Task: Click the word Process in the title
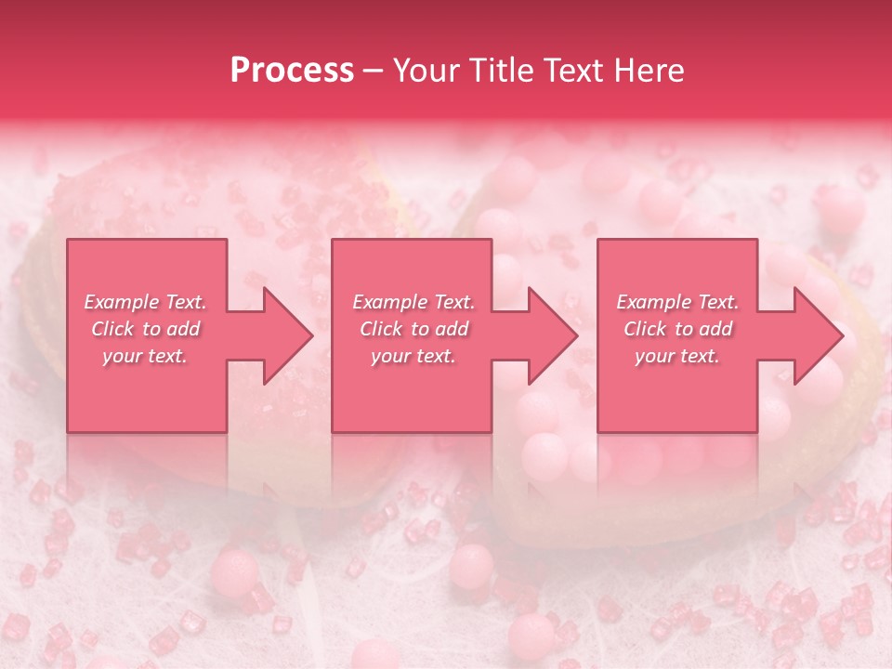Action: tap(292, 71)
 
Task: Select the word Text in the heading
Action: tap(580, 71)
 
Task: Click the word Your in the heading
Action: tap(428, 71)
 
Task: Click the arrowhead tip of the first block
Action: tap(311, 335)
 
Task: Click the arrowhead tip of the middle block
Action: tap(576, 335)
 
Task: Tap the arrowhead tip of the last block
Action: tap(842, 335)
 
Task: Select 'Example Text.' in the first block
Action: tap(146, 302)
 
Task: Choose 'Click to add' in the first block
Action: tap(146, 329)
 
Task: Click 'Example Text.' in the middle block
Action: tap(413, 302)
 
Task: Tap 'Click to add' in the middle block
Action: tap(413, 329)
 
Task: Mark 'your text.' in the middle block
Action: tap(413, 356)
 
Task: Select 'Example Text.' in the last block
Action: tap(677, 302)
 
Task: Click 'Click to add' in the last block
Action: tap(677, 329)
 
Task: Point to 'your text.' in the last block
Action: tap(677, 356)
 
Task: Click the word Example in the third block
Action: tap(654, 302)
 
